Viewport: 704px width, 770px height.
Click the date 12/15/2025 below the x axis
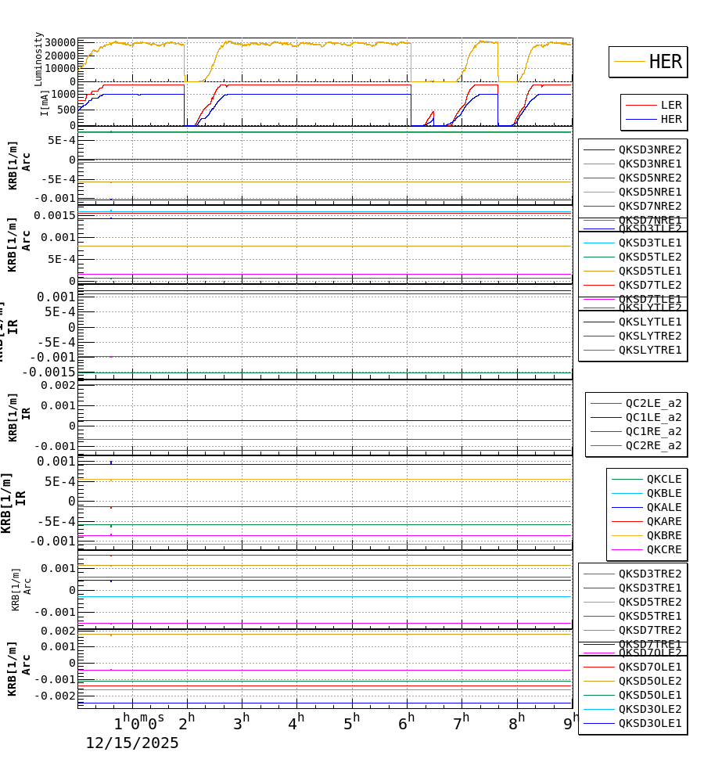[x=131, y=743]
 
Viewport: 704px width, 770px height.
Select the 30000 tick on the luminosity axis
[x=60, y=43]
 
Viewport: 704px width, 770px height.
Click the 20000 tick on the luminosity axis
[x=60, y=56]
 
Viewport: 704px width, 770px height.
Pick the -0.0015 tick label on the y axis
[x=48, y=372]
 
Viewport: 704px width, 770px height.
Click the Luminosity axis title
[x=38, y=59]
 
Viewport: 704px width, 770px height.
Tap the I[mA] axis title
[x=45, y=103]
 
